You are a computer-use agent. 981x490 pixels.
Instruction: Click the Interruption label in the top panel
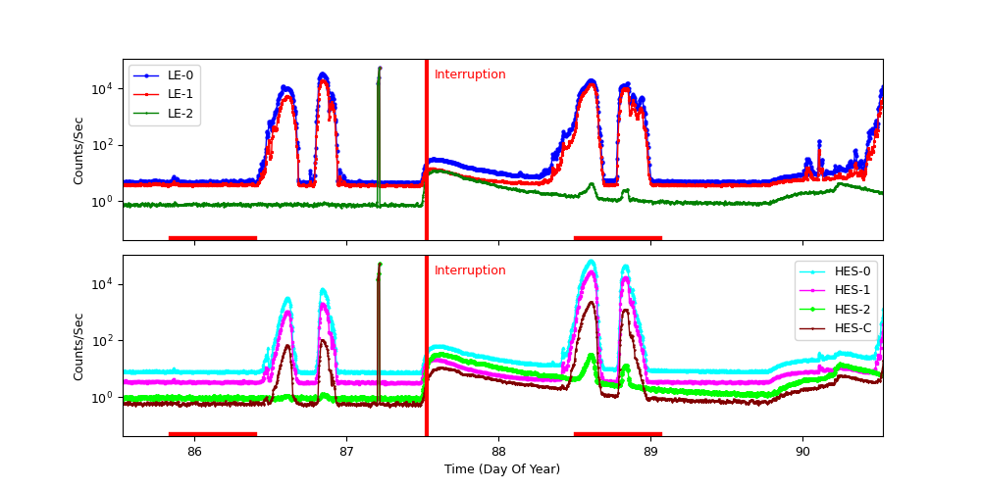click(x=470, y=74)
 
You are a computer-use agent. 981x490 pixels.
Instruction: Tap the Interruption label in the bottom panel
click(x=470, y=270)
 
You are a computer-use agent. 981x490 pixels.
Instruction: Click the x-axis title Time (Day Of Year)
click(x=502, y=469)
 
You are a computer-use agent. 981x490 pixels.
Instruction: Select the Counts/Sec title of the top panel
click(x=78, y=150)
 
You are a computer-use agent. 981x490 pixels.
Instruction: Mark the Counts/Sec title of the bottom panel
click(x=78, y=346)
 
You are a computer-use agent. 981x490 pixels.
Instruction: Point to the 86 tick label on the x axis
click(x=194, y=451)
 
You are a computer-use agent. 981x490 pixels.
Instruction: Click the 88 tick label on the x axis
click(x=498, y=451)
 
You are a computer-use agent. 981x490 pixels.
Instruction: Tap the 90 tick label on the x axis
click(x=802, y=451)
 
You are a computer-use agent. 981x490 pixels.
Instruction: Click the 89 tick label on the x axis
click(x=650, y=451)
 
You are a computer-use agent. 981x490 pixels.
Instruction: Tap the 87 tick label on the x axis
click(x=346, y=451)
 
